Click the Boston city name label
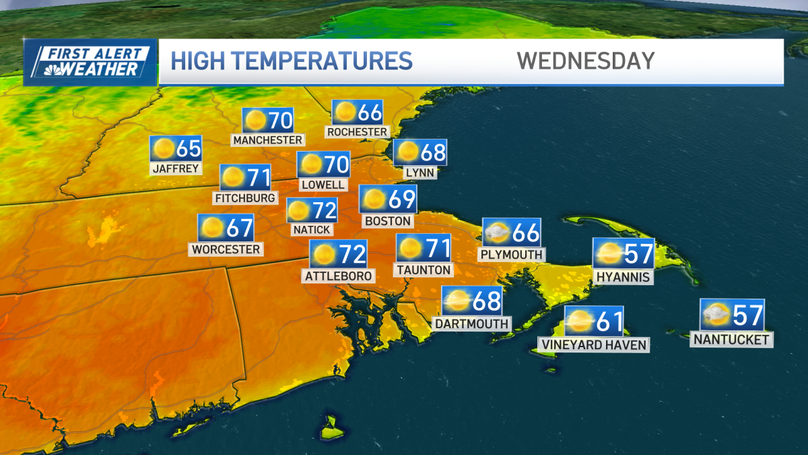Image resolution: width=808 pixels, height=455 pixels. point(387,221)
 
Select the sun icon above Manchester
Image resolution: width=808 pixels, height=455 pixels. point(255,121)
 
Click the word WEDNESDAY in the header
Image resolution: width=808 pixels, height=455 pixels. point(586,61)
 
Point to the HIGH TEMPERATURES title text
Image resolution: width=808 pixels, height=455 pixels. point(292,61)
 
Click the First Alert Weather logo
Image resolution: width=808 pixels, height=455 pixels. point(90,62)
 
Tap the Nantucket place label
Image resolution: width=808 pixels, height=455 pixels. point(731,340)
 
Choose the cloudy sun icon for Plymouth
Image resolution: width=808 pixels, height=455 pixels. point(497,233)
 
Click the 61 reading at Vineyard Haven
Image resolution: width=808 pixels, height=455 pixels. point(609,322)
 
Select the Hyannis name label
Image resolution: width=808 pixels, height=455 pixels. point(623,277)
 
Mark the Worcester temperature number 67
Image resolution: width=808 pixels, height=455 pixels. point(240,228)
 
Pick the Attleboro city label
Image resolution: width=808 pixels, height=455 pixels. point(338,276)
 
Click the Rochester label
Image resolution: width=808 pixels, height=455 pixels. point(357,132)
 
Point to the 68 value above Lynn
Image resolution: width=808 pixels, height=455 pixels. point(433,153)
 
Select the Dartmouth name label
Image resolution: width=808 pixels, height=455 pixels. point(471,324)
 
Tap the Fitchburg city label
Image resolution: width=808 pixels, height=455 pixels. point(245,198)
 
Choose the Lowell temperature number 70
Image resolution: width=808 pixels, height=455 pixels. point(337,164)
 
